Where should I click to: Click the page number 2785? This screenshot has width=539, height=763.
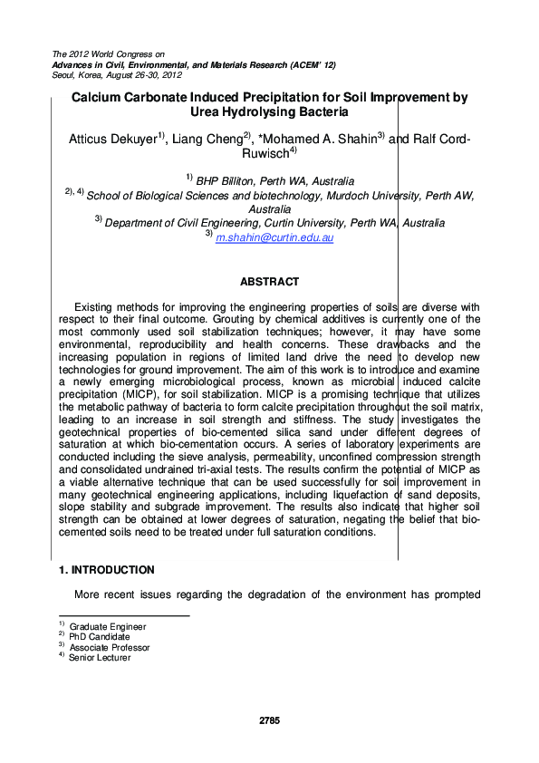coord(269,720)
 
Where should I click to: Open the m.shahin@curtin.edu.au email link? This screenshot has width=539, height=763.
coord(274,237)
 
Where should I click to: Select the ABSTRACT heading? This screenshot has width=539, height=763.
coord(269,283)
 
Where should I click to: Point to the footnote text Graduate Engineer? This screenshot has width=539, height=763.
coord(108,627)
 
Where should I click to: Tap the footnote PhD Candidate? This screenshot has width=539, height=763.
coord(100,637)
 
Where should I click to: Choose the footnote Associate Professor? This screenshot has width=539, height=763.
coord(110,648)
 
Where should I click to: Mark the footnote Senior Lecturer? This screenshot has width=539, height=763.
coord(100,658)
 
